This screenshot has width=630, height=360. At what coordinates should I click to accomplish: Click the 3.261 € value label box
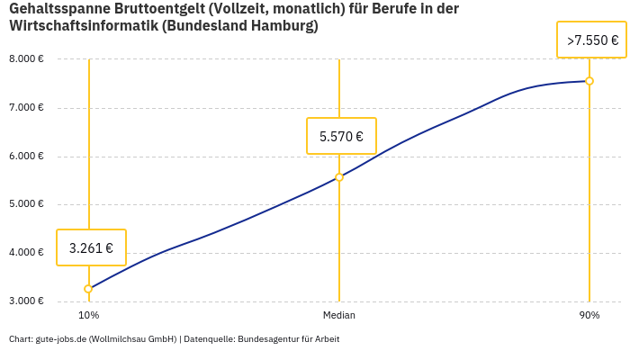click(x=91, y=247)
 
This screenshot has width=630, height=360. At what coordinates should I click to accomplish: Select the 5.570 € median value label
click(x=341, y=137)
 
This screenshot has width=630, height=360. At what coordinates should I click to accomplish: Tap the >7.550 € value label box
click(x=591, y=40)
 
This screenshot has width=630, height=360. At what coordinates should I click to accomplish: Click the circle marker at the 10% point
click(x=88, y=289)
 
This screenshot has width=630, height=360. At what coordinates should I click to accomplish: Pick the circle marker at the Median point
click(x=339, y=177)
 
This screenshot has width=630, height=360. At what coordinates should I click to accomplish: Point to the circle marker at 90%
click(x=589, y=81)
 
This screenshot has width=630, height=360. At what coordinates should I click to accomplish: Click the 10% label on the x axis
click(x=88, y=315)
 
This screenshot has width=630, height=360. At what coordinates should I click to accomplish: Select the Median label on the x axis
click(x=339, y=315)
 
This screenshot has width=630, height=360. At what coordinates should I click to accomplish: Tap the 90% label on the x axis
click(x=589, y=315)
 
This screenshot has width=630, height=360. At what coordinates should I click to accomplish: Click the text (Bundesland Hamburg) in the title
click(x=240, y=26)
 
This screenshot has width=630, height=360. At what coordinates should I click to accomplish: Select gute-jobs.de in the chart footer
click(x=60, y=339)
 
